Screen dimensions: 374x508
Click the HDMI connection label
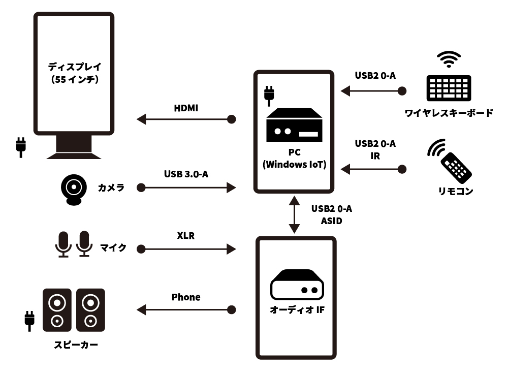[x=186, y=108]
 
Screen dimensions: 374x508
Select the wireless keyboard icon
[x=449, y=88]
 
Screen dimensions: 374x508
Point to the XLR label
[x=186, y=236]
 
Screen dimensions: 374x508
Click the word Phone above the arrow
[x=186, y=297]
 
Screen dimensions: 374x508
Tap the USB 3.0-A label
[x=186, y=174]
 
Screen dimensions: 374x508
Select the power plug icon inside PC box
[x=268, y=96]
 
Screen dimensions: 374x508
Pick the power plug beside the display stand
[x=21, y=146]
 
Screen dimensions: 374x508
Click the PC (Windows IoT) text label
[x=294, y=159]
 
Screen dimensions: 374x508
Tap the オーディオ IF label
[x=297, y=309]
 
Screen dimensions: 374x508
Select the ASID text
[x=331, y=221]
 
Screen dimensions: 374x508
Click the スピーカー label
[x=76, y=346]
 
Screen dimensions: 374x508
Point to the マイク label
[x=112, y=248]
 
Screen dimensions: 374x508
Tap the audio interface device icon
[x=297, y=285]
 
